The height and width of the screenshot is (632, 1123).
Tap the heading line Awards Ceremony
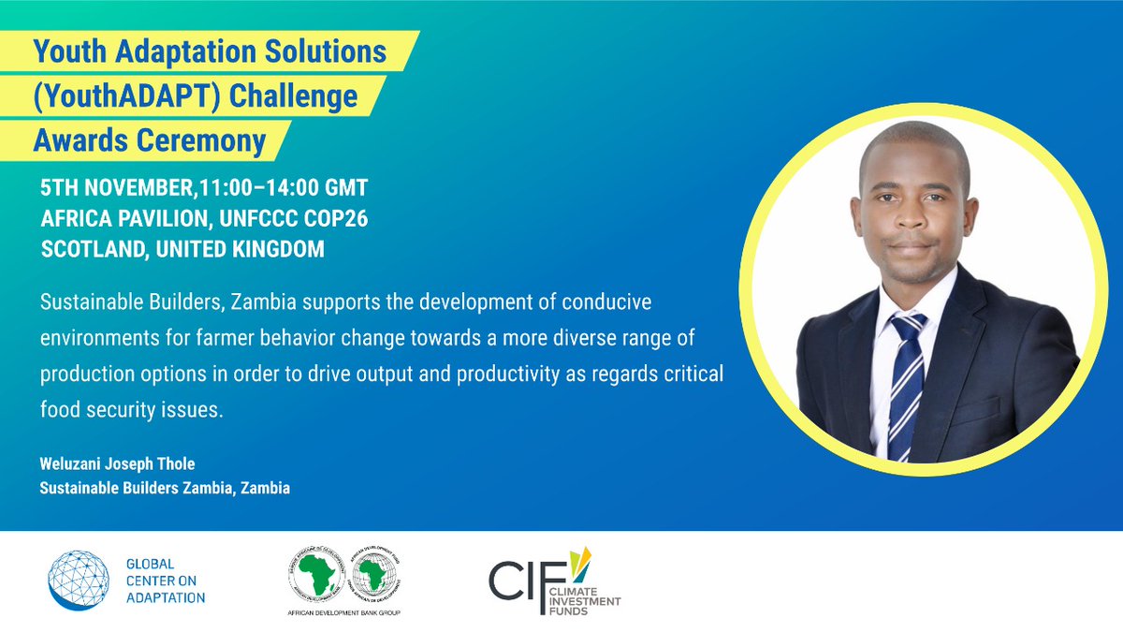tap(150, 141)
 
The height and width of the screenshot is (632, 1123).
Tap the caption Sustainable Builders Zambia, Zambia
tap(165, 488)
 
